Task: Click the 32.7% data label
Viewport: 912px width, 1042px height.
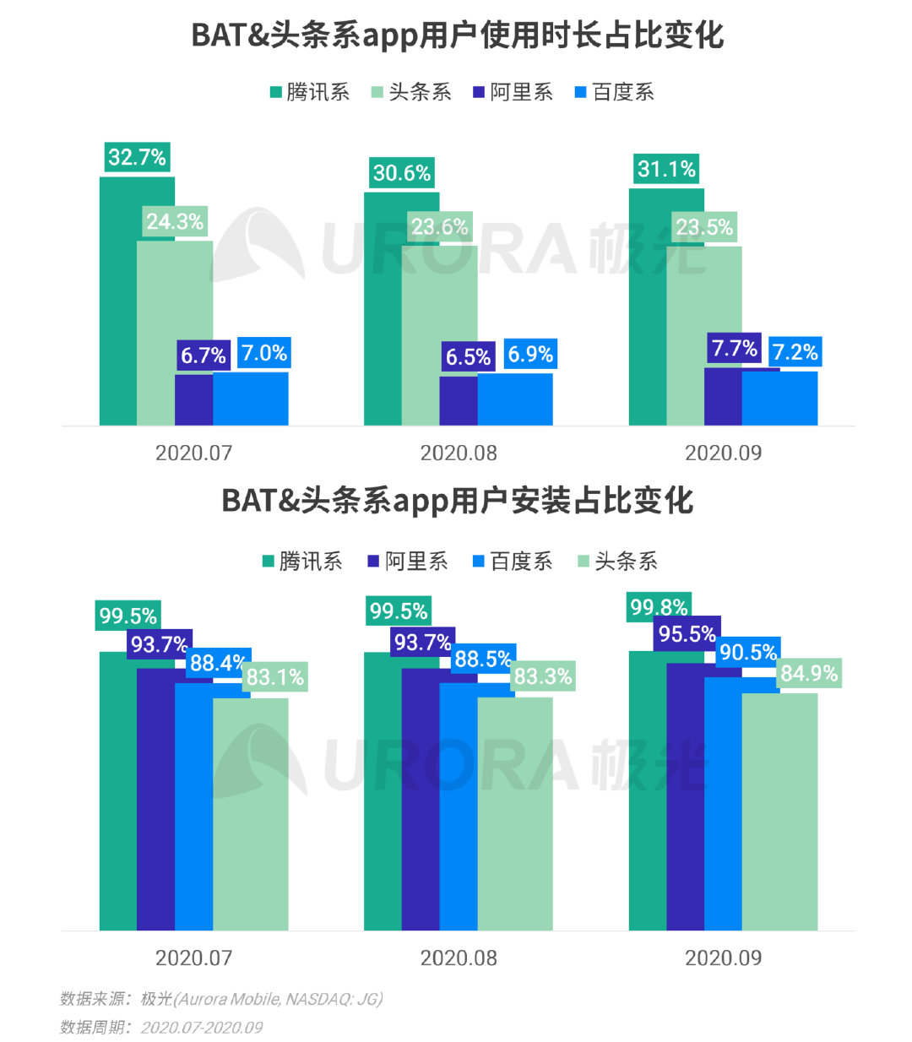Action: (137, 157)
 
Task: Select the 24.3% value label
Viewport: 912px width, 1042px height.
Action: (175, 221)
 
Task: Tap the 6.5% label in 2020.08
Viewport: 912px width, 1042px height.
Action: (468, 356)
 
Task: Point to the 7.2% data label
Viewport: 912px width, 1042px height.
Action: (795, 352)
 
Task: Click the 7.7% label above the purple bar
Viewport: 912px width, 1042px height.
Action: (734, 348)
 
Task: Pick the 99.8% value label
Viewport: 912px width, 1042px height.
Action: (659, 606)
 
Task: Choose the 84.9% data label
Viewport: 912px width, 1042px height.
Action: (809, 673)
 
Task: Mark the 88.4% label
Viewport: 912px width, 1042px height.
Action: (217, 663)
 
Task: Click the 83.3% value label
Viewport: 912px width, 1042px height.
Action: (543, 676)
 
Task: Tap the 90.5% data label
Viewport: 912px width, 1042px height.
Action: (747, 652)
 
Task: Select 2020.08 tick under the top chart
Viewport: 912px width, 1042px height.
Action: (459, 453)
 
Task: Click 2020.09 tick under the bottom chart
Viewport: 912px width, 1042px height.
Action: (723, 958)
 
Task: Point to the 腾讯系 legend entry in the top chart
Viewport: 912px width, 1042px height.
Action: (309, 92)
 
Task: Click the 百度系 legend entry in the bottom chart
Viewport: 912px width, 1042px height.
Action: (512, 562)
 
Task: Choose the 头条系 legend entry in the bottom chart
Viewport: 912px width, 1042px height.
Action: (616, 562)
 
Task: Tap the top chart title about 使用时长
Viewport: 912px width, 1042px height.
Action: (457, 35)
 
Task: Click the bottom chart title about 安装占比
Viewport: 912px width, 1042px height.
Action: (457, 500)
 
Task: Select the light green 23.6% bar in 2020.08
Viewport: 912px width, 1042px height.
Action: (439, 338)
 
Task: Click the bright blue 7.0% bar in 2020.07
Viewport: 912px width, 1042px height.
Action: (251, 399)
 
